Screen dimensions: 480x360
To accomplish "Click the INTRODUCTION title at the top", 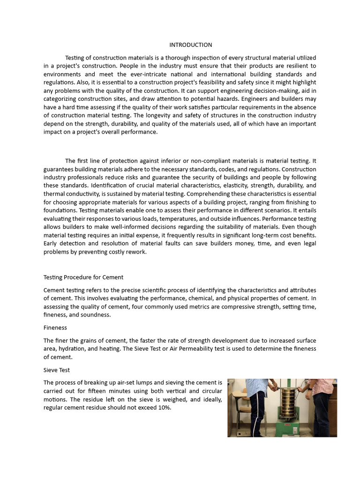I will click(190, 45).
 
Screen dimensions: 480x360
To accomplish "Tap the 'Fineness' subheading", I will click(55, 328).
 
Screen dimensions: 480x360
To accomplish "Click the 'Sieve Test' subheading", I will click(57, 370).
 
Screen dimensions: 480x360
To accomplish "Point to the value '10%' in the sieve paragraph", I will click(164, 408).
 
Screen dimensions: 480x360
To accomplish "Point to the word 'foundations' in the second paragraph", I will click(60, 210).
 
